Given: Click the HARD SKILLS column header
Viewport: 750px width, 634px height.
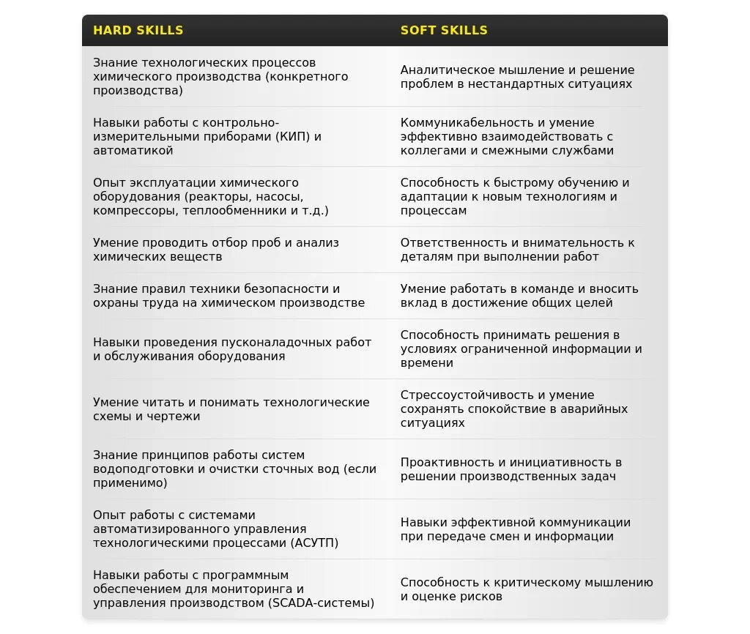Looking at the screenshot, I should (138, 31).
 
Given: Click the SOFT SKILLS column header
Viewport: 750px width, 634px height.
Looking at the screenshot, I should (444, 31).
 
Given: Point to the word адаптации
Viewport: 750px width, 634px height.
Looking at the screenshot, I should (431, 197).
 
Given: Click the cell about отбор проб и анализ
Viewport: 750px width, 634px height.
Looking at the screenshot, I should (215, 250).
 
